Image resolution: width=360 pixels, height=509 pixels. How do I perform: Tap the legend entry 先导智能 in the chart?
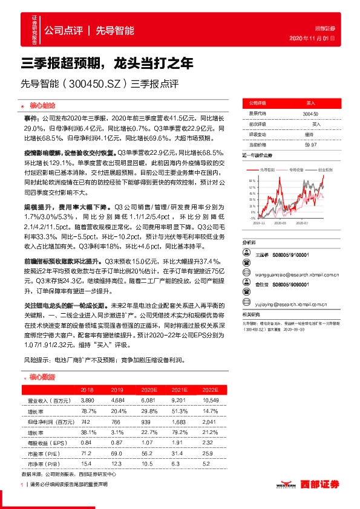[x=267, y=170]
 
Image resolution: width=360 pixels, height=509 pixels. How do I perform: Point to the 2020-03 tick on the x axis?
[x=280, y=223]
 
